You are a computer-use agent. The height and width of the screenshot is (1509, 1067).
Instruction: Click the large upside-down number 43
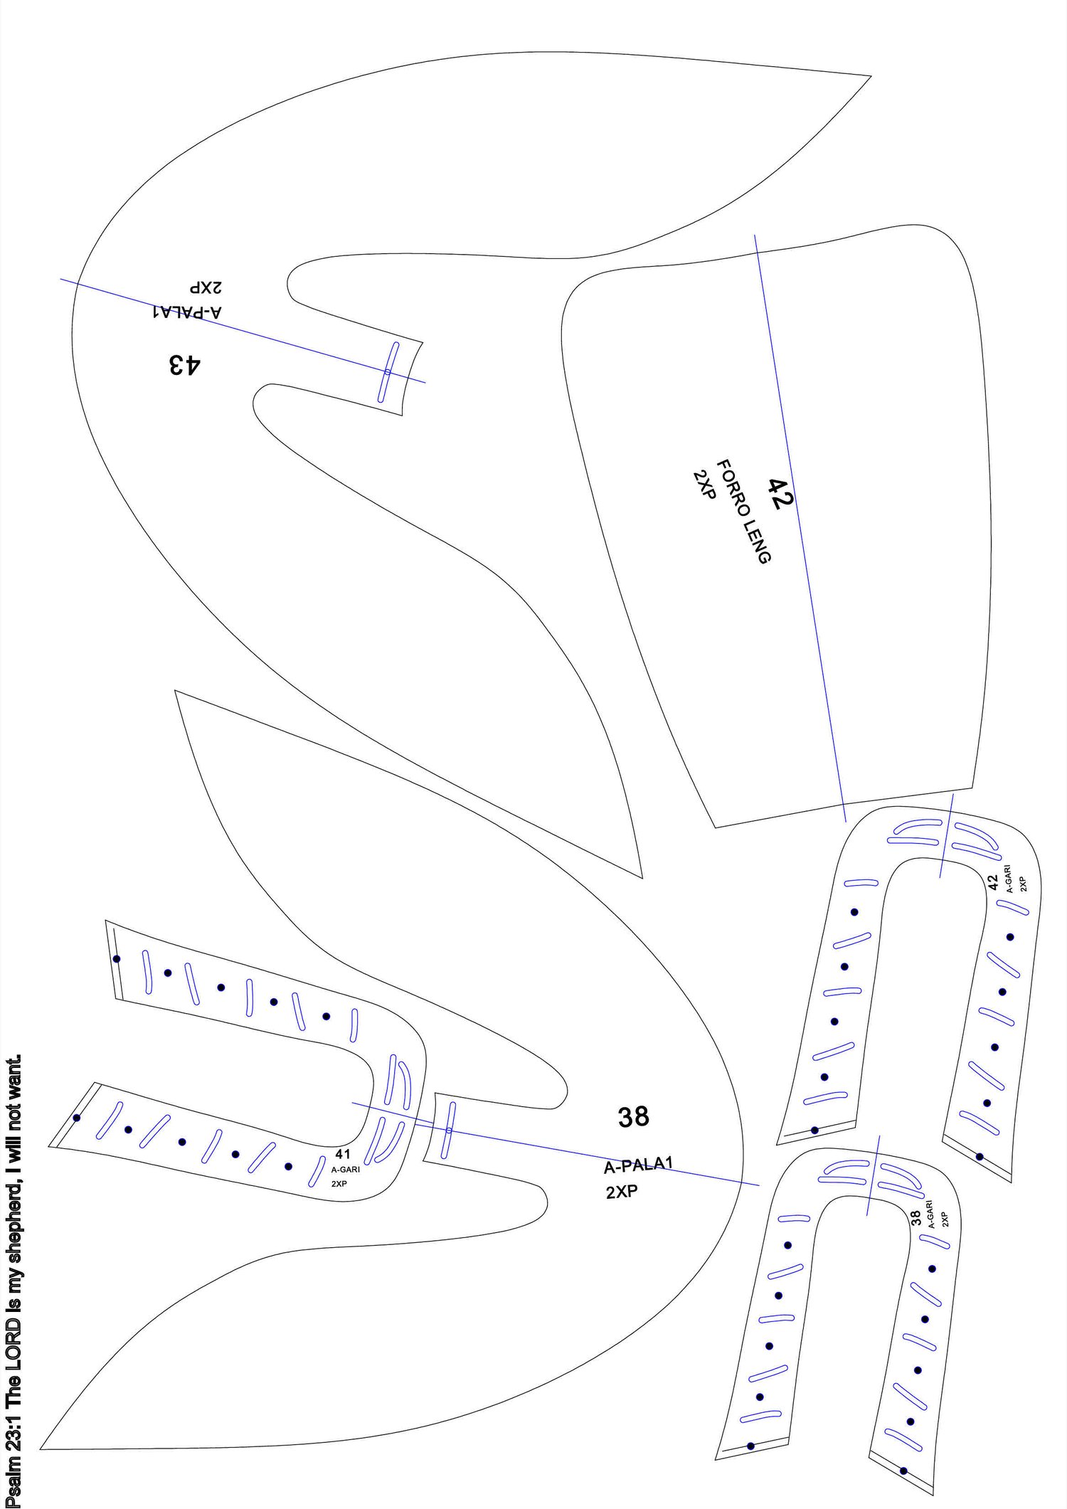point(185,365)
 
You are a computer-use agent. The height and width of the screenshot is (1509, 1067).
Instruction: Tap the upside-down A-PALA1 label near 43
point(187,312)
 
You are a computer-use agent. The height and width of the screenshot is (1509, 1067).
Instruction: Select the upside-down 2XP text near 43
point(206,287)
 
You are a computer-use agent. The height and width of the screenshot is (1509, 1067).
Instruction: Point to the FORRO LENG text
point(743,511)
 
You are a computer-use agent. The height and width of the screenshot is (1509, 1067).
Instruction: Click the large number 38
point(633,1117)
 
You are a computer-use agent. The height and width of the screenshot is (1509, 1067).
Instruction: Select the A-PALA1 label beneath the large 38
point(638,1165)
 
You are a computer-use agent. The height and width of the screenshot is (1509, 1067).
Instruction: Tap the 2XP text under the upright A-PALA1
point(622,1192)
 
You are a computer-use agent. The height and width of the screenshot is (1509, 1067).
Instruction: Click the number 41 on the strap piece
point(343,1154)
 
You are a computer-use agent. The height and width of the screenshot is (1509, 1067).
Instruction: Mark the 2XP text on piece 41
point(339,1184)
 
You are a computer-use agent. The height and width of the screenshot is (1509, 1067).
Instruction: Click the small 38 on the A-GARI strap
point(916,1218)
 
